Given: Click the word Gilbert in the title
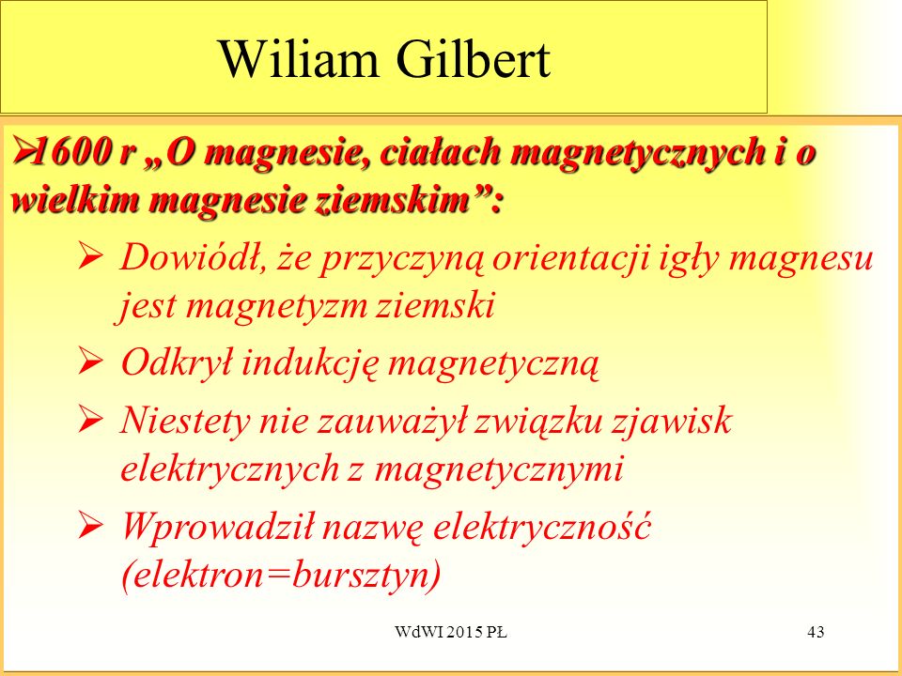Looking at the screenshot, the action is [x=473, y=59].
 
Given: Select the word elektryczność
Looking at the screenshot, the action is [x=541, y=526].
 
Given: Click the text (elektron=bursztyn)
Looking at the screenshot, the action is [x=281, y=575].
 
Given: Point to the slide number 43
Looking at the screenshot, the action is [x=816, y=632].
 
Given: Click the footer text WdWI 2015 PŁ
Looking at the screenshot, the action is [x=451, y=632].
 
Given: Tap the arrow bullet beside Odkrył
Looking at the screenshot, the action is [x=91, y=362].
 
